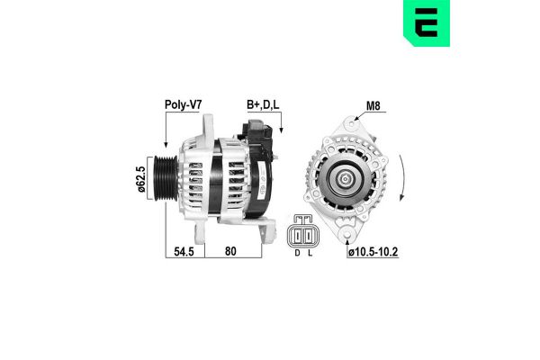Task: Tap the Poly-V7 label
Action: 183,104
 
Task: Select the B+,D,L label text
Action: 263,104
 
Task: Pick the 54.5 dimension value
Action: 184,254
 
